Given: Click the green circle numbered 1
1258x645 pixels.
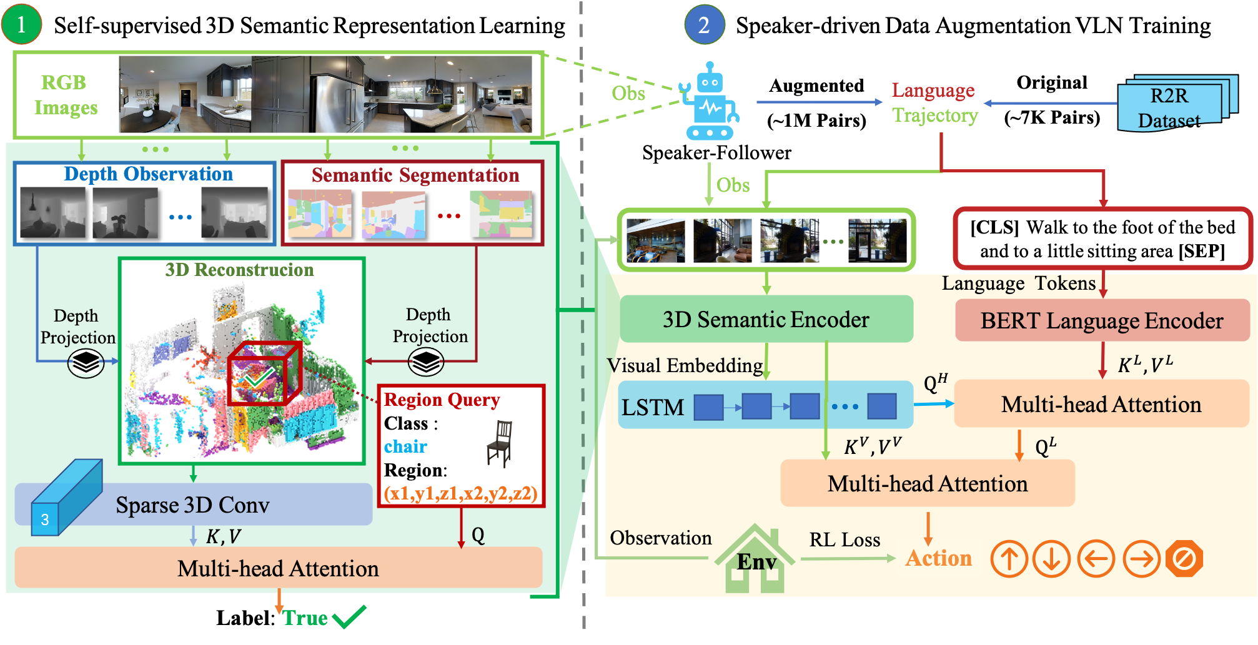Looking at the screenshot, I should tap(21, 24).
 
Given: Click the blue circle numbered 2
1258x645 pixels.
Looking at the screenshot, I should tap(704, 25).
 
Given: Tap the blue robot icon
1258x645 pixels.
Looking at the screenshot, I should tap(710, 102).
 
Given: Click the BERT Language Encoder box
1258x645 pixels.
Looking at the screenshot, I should tap(1101, 321).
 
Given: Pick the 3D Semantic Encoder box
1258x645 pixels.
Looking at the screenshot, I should tap(766, 320).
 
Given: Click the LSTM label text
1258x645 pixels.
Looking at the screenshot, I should tap(653, 408).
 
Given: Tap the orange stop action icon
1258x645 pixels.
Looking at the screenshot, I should tap(1184, 558).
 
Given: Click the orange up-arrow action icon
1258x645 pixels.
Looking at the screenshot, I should tap(1009, 558).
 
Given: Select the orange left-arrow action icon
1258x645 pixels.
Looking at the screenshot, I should tap(1096, 558).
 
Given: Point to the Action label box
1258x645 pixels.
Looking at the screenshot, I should tap(938, 558).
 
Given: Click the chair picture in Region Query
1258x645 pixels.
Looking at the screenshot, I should tap(500, 444).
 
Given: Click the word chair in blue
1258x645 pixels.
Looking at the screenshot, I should tap(405, 446).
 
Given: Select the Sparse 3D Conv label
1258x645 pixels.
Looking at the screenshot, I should tap(192, 505).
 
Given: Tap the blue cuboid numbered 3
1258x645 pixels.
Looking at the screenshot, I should tap(66, 498).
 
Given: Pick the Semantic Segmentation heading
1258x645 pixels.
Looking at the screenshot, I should tap(415, 175).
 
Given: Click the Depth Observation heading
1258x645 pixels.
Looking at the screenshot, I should tap(148, 174).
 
